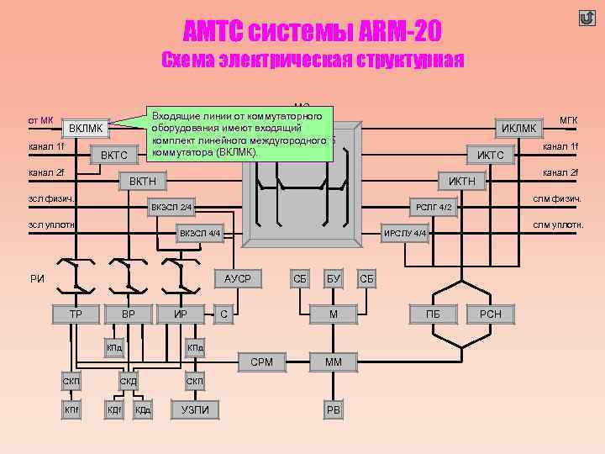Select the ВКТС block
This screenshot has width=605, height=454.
pos(113,155)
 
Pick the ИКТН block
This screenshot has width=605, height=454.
pos(461,181)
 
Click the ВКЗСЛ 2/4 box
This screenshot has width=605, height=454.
pos(171,207)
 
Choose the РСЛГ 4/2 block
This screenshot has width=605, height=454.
pos(434,207)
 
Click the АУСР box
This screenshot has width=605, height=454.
pos(238,278)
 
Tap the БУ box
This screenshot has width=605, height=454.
pos(334,278)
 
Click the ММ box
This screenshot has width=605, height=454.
pos(334,362)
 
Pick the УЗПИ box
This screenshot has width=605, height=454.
pos(196,409)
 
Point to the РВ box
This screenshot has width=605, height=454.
pos(334,409)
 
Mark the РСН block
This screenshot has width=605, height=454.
pos(490,314)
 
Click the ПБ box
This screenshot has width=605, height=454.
pos(433,314)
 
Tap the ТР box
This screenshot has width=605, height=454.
pos(76,314)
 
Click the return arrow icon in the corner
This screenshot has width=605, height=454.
pos(586,18)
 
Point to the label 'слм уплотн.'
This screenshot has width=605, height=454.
pos(558,224)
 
